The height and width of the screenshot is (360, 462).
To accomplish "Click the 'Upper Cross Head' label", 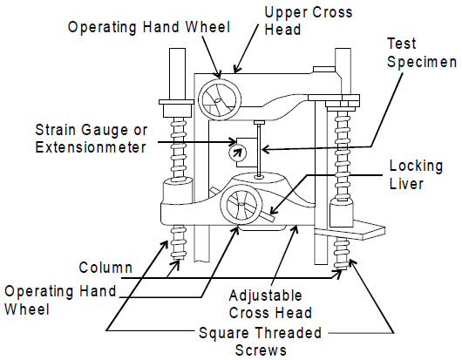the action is click(x=309, y=21).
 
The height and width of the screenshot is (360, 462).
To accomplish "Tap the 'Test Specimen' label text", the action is click(x=422, y=52).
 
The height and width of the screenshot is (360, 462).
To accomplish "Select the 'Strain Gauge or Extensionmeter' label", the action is click(x=91, y=139).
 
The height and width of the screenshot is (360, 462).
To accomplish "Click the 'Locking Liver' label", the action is click(x=416, y=174).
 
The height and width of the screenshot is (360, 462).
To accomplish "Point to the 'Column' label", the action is click(x=105, y=268).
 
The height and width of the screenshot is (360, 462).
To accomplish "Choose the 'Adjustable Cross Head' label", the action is click(x=270, y=304).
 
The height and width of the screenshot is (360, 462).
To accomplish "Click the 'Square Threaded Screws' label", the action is click(x=260, y=342).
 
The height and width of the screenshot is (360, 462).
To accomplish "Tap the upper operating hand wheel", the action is click(x=220, y=99).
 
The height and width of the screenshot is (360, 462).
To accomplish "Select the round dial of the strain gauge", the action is click(x=237, y=153).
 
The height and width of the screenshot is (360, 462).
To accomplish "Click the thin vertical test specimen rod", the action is click(x=259, y=150).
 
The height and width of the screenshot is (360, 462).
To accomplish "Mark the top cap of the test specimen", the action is click(x=259, y=123).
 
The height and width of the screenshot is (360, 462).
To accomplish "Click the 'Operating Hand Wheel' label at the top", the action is click(x=149, y=27).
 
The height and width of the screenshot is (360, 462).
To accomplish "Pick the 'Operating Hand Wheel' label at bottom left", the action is click(x=60, y=300).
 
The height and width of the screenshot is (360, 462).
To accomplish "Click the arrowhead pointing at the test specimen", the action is click(x=267, y=150).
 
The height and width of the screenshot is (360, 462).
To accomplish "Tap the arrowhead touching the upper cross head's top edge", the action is click(x=236, y=70).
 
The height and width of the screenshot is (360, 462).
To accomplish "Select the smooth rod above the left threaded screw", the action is click(x=177, y=74).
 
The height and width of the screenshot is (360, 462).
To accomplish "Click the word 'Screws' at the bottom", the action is click(x=261, y=350).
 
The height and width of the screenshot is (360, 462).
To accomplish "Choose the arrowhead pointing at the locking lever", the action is click(x=275, y=210).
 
